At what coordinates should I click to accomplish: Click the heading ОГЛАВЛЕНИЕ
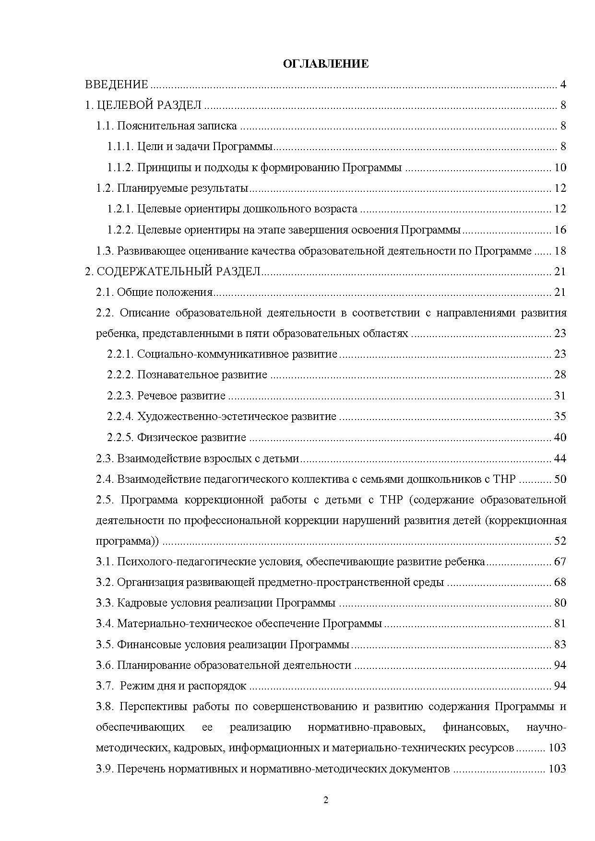pos(326,64)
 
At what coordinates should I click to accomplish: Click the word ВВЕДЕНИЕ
pos(117,85)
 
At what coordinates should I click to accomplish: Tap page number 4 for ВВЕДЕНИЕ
pos(563,85)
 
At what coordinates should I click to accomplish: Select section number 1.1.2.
pos(120,167)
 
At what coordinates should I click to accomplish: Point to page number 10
pos(560,167)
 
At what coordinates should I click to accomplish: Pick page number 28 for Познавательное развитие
pos(560,374)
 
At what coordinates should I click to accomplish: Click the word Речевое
pos(157,396)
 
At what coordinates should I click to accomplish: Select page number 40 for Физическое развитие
pos(560,437)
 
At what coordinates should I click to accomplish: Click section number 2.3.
pos(104,458)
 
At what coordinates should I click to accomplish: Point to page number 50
pos(560,479)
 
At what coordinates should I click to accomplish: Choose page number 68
pos(560,582)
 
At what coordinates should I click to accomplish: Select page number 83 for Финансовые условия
pos(560,644)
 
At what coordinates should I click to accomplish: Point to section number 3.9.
pos(104,769)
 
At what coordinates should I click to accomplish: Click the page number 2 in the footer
pos(326,799)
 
